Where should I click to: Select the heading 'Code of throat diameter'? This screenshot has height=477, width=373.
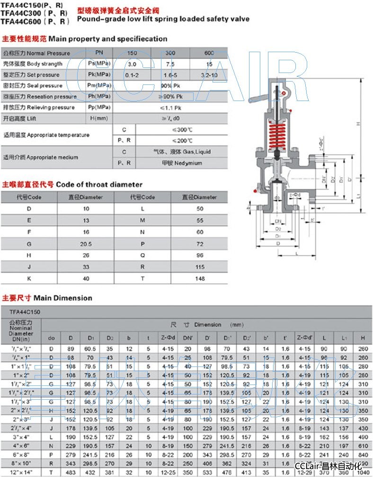(x=99, y=184)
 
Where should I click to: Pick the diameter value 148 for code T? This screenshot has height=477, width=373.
(x=200, y=278)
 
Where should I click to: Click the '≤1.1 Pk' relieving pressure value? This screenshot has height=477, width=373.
(x=170, y=108)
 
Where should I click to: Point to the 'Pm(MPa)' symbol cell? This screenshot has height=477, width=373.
(x=99, y=85)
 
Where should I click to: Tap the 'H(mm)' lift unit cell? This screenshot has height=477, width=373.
(x=99, y=119)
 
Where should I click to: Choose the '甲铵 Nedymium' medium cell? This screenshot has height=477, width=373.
(x=182, y=163)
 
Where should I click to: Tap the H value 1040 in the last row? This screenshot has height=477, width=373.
(x=363, y=472)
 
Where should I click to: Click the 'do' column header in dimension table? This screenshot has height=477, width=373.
(x=52, y=338)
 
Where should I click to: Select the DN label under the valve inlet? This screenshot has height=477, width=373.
(x=279, y=221)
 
